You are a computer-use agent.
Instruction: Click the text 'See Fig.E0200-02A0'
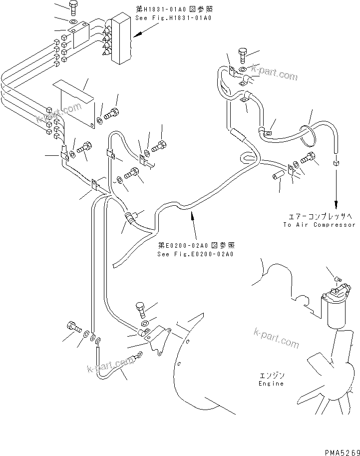pyautogui.click(x=195, y=254)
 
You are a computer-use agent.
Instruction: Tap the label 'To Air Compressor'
pyautogui.click(x=320, y=225)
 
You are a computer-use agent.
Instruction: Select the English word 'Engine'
pyautogui.click(x=271, y=384)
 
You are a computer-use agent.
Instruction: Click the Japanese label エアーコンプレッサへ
pyautogui.click(x=320, y=216)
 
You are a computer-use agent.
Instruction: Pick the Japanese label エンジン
pyautogui.click(x=271, y=375)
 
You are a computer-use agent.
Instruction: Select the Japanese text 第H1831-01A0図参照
pyautogui.click(x=174, y=9)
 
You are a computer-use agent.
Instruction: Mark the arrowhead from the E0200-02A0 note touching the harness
pyautogui.click(x=190, y=212)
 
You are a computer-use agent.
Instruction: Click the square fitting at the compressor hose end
pyautogui.click(x=336, y=163)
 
